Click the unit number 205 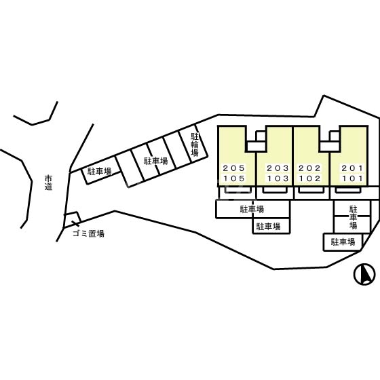tap(234, 168)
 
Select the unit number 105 tap(234, 178)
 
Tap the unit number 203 tap(278, 168)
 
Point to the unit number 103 tap(278, 178)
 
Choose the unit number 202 tap(309, 168)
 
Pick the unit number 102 tap(309, 178)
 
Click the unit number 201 tap(352, 168)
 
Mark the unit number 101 tap(352, 178)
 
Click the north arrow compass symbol tap(364, 274)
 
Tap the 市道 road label tap(48, 183)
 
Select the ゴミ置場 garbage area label tap(88, 233)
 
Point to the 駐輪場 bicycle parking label tap(195, 145)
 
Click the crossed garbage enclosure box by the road tap(72, 220)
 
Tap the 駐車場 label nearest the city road tap(99, 172)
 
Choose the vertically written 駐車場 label tap(353, 217)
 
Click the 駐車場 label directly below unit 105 tap(252, 209)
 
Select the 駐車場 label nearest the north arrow tap(343, 242)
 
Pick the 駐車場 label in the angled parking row tap(155, 161)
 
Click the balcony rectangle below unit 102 tap(311, 190)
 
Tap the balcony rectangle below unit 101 tap(347, 190)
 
